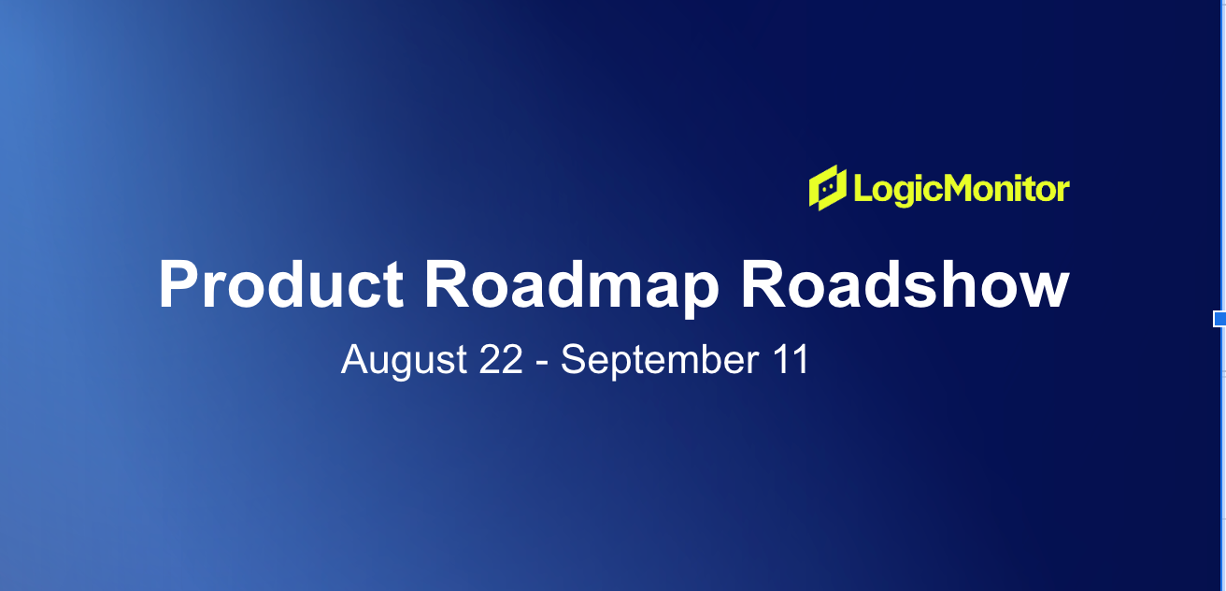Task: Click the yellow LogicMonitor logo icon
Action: click(828, 188)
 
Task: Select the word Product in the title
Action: click(281, 285)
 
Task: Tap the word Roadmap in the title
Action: click(571, 287)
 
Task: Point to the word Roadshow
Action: click(905, 285)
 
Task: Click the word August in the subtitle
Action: click(404, 360)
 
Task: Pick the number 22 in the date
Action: click(501, 359)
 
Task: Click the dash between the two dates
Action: click(542, 363)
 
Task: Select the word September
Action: click(660, 360)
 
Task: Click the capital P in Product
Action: click(178, 284)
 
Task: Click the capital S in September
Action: click(574, 359)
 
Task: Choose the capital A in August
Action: click(355, 359)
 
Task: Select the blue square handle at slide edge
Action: click(1219, 318)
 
